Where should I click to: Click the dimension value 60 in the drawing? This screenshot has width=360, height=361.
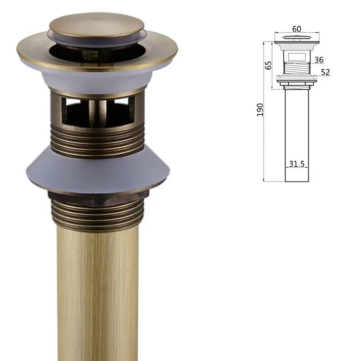pos(297,29)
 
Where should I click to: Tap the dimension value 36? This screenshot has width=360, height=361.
pos(319,60)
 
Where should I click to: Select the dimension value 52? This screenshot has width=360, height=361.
pos(325,72)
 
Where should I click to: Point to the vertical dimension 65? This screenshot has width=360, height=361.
pos(268,65)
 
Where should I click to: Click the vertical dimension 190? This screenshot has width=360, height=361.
pos(260,110)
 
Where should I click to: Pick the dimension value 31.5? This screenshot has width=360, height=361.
pos(297,164)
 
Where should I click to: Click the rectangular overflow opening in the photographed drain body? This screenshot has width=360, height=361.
pos(98,112)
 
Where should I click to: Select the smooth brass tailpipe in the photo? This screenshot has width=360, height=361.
pos(97,295)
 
